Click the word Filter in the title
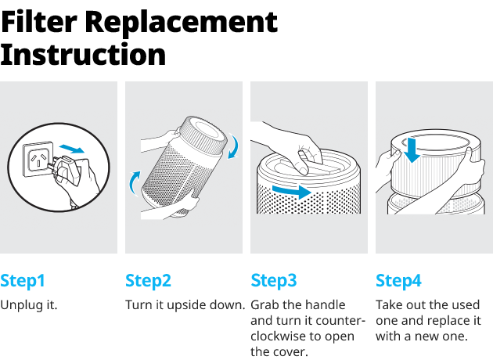(x=38, y=22)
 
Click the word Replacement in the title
(x=182, y=23)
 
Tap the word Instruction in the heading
(x=83, y=55)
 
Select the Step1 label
(x=23, y=281)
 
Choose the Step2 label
(x=148, y=281)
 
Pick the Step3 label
(x=274, y=281)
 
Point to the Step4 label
(x=398, y=281)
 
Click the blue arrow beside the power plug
(x=72, y=149)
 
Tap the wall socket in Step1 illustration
(x=37, y=159)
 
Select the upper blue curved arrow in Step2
(x=234, y=146)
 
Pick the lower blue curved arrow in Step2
(x=135, y=183)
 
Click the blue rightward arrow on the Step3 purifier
(x=291, y=191)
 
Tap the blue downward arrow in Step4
(x=412, y=150)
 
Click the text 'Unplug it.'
(x=29, y=305)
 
